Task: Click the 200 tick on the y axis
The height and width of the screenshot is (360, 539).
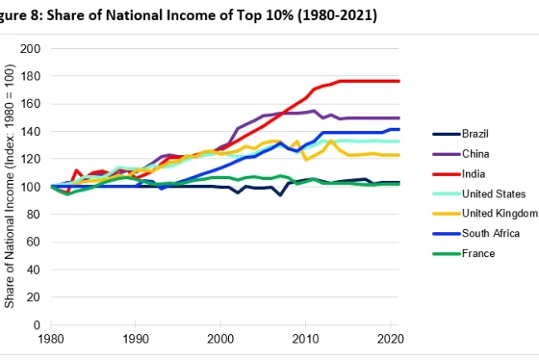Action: (32, 49)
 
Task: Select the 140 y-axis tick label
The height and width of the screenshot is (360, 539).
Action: (32, 132)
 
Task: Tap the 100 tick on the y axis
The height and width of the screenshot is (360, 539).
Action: (32, 187)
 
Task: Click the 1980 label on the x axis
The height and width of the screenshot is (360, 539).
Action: (51, 339)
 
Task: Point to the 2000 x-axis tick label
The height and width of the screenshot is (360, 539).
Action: (221, 339)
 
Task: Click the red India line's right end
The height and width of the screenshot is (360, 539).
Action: (399, 80)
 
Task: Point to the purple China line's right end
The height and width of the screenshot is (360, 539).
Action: (399, 118)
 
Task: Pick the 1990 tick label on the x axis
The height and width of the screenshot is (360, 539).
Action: (136, 339)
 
